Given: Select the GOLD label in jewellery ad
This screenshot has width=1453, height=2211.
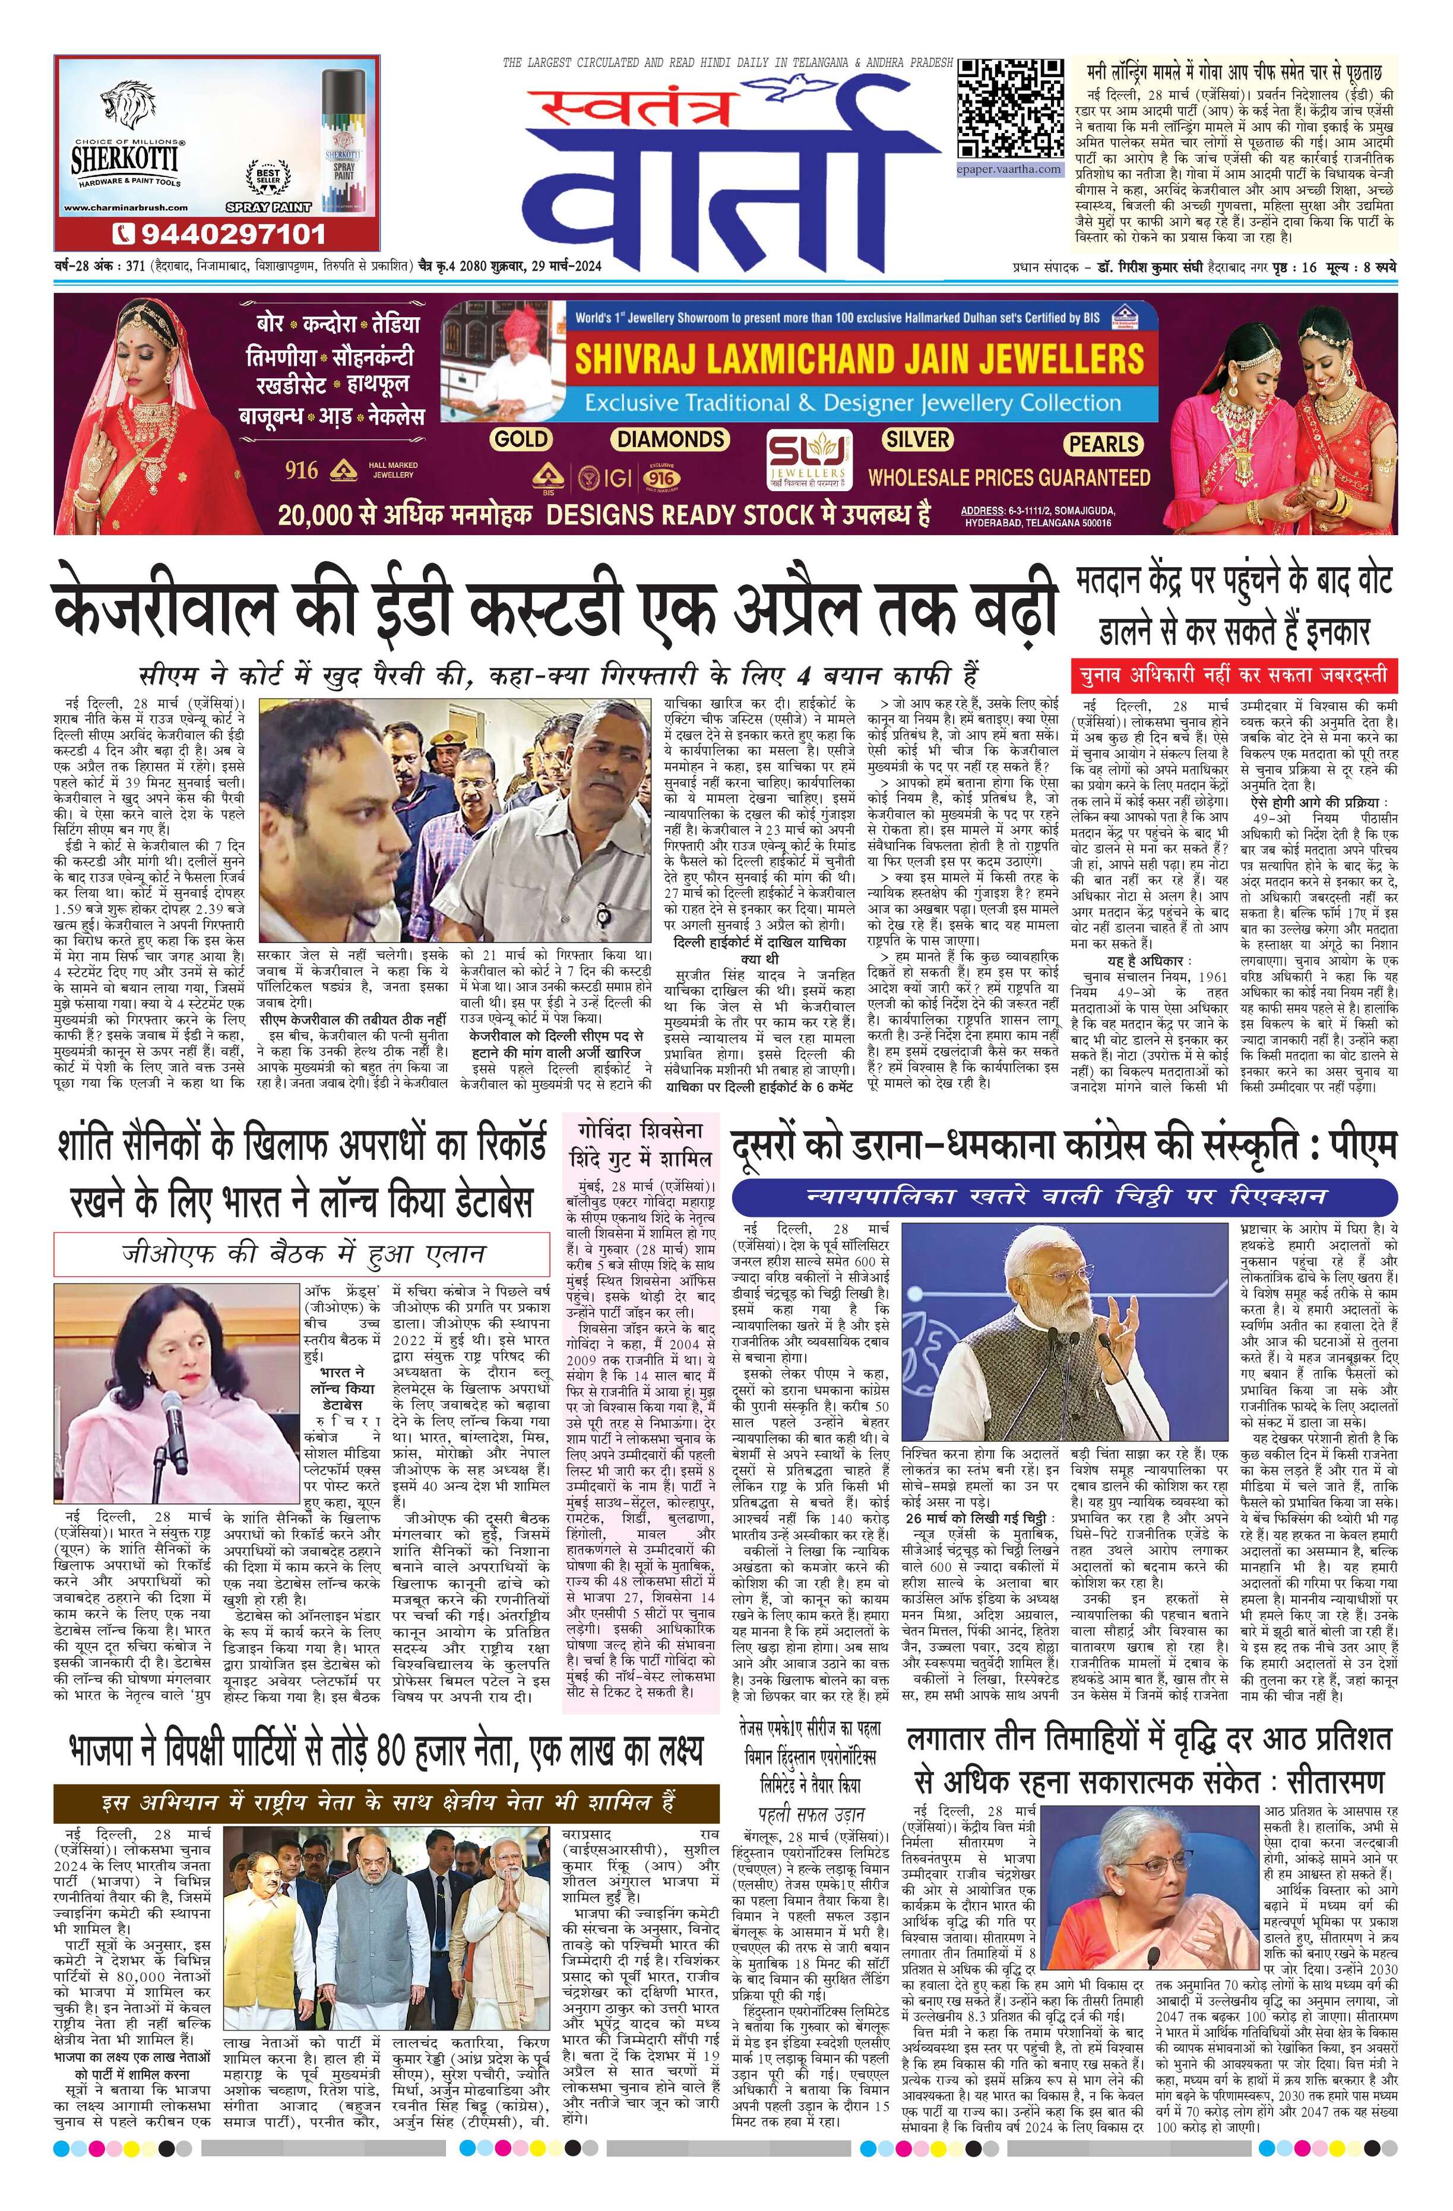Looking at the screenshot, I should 521,438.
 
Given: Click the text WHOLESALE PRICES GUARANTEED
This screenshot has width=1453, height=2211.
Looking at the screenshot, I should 1009,479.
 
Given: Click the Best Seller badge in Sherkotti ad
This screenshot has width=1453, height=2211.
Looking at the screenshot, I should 268,176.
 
